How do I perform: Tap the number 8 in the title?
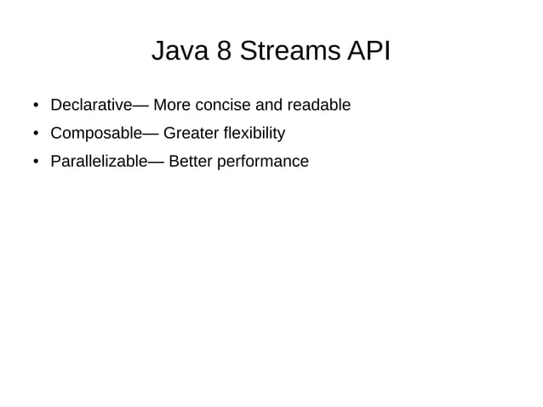[x=224, y=51]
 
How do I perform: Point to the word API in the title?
[x=369, y=51]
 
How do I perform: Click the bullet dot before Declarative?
[x=36, y=106]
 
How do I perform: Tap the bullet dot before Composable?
[x=36, y=134]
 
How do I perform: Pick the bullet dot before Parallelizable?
[x=36, y=162]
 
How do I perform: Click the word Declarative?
[x=91, y=105]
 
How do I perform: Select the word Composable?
[x=96, y=133]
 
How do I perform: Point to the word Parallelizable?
[x=99, y=161]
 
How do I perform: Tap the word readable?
[x=319, y=105]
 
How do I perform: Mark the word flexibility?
[x=254, y=133]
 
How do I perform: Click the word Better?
[x=191, y=161]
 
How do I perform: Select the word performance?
[x=263, y=161]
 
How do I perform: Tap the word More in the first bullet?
[x=172, y=105]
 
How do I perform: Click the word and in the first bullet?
[x=269, y=105]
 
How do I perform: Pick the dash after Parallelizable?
[x=156, y=162]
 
